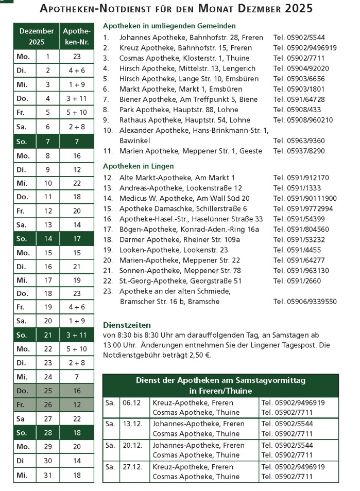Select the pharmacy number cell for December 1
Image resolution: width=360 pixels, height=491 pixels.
[x=76, y=57]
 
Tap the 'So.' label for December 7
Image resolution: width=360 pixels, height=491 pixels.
[x=22, y=141]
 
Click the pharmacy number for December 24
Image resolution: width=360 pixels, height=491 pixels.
[x=76, y=377]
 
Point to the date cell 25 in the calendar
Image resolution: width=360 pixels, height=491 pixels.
[x=48, y=391]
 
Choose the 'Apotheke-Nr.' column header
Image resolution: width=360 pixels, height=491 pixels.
[x=76, y=37]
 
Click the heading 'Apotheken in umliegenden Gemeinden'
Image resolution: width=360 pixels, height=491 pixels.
[x=169, y=26]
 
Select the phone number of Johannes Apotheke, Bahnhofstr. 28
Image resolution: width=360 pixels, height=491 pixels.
[x=299, y=38]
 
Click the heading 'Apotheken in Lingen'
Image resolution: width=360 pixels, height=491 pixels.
[x=138, y=166]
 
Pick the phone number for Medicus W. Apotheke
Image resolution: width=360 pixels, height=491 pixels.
[x=305, y=198]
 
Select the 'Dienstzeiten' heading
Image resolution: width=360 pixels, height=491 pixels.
[x=127, y=325]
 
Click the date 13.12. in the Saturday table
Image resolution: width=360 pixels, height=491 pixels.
[x=131, y=424]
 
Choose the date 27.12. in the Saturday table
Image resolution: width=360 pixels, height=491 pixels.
[x=131, y=467]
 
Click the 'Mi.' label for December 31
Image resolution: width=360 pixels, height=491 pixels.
[x=22, y=475]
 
